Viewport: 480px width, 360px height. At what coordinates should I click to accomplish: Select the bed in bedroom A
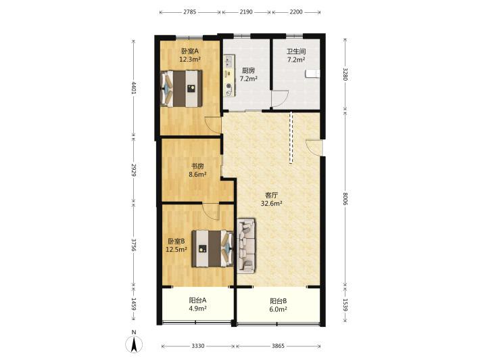tap(181, 89)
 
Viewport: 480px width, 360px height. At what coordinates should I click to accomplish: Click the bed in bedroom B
tap(213, 249)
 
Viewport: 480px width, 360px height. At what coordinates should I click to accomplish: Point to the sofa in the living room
tap(246, 246)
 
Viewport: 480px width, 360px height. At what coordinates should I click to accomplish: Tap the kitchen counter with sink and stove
tap(229, 76)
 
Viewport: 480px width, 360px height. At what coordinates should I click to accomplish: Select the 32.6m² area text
tap(271, 203)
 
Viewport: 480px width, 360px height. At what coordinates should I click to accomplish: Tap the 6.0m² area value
tap(278, 309)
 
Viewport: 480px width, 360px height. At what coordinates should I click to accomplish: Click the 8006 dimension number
tap(345, 199)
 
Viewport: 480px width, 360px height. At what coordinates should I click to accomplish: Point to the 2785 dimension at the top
tap(190, 12)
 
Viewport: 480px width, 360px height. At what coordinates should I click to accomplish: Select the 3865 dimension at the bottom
tap(279, 346)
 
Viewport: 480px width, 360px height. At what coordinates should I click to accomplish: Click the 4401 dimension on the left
tap(133, 87)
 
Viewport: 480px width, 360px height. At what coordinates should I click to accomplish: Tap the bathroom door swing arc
tap(280, 99)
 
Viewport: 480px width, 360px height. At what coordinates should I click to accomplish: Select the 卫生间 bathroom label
tap(296, 52)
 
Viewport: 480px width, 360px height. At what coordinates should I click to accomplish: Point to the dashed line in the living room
tap(291, 137)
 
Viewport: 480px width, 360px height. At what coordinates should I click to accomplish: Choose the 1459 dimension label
tap(133, 305)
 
